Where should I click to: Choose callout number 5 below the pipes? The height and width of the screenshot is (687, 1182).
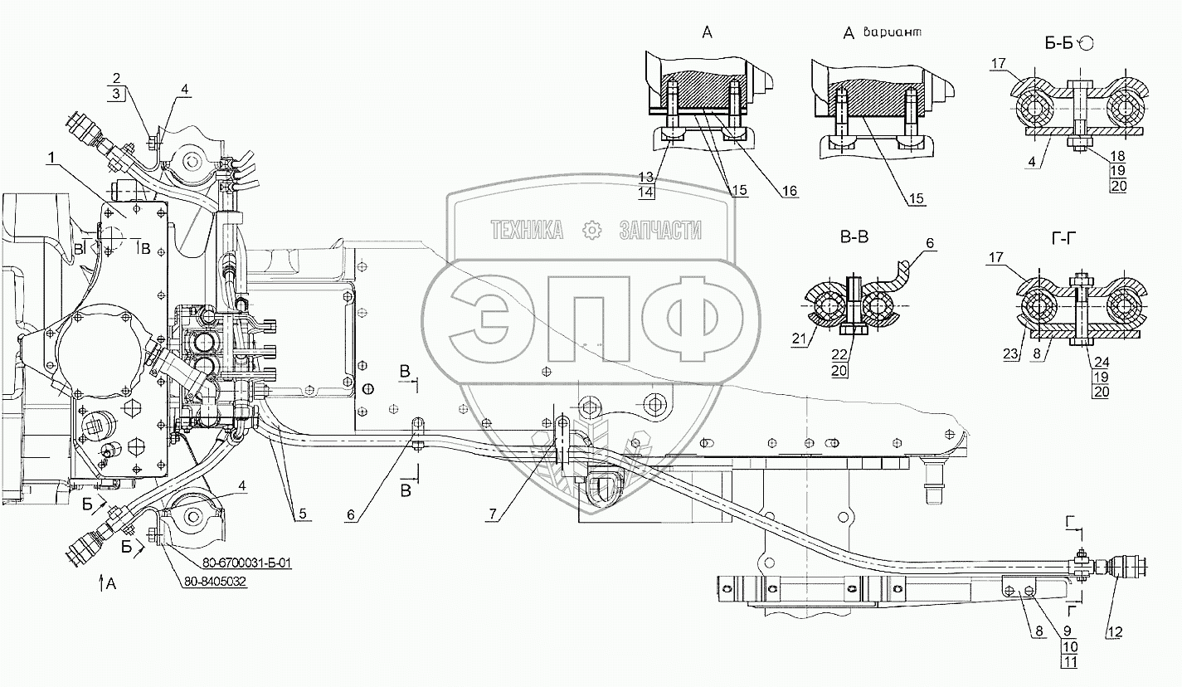(303, 514)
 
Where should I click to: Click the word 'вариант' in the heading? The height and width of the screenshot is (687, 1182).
(893, 33)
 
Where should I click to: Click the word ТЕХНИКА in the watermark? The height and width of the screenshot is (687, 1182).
(526, 231)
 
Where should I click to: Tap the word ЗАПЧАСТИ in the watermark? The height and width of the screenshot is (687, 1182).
(660, 231)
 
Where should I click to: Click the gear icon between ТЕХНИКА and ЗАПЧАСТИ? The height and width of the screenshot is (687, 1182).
(592, 231)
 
